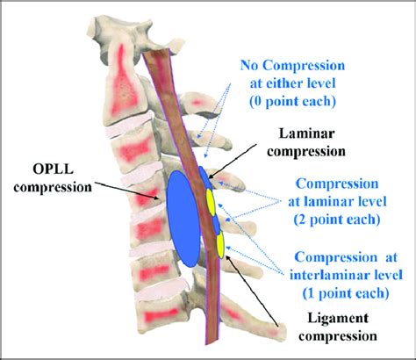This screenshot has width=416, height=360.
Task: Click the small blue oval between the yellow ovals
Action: coord(216,223)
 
